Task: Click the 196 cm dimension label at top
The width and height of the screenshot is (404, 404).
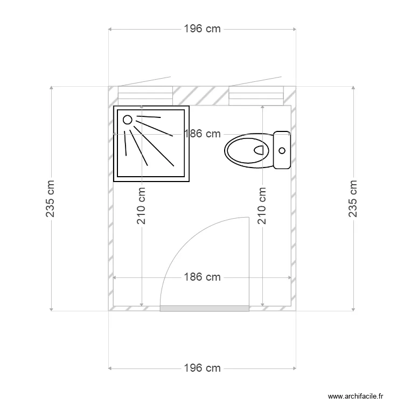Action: pos(202,29)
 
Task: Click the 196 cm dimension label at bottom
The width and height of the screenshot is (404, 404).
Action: pos(202,368)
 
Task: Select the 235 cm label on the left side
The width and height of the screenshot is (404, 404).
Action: pos(51,198)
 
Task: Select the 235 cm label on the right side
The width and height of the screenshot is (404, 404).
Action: pos(353,198)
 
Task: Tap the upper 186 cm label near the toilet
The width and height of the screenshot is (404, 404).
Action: pos(202,134)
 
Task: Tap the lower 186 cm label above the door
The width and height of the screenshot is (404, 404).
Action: pos(202,277)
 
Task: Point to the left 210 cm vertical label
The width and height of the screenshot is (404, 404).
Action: pos(142,206)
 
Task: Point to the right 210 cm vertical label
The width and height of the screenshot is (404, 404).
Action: pos(262,206)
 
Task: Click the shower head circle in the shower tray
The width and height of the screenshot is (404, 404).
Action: pos(128,120)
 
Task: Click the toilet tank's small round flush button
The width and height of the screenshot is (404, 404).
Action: pos(281,150)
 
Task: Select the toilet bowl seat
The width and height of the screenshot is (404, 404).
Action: pos(248,150)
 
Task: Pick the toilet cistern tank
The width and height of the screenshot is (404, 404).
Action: pos(282,150)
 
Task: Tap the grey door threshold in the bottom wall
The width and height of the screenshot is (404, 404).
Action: pos(205,308)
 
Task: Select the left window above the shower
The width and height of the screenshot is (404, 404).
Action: pos(145,96)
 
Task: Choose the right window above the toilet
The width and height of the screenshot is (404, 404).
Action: pos(255,96)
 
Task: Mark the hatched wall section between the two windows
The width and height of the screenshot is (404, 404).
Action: pos(200,96)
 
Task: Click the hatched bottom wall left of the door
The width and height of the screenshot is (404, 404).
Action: pos(135,308)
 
